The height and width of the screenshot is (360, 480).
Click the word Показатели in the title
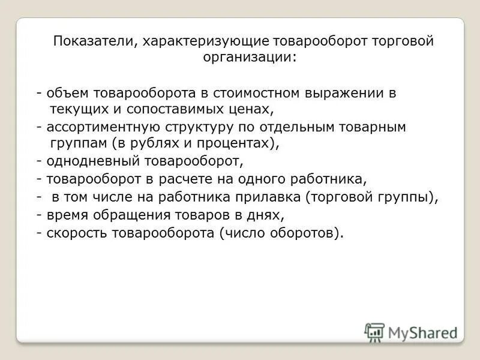click(88, 42)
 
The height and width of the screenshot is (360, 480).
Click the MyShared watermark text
click(422, 332)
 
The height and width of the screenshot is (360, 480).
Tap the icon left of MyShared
click(374, 332)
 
